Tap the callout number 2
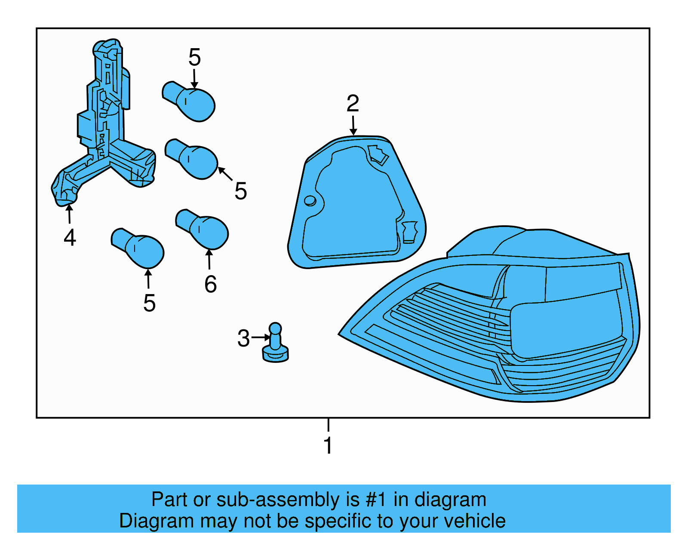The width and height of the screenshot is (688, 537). [353, 104]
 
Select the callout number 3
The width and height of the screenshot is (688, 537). [243, 338]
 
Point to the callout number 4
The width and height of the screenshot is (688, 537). [70, 238]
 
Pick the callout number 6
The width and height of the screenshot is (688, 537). [210, 284]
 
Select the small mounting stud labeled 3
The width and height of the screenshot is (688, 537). [275, 344]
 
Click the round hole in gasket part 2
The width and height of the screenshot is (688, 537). [310, 201]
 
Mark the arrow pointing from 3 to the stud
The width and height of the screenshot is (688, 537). [261, 338]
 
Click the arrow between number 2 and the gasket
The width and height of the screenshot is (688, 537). [353, 126]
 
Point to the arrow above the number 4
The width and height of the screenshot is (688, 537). [69, 214]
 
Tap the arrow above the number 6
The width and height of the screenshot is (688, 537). [209, 259]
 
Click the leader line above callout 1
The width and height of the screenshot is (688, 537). [328, 425]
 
